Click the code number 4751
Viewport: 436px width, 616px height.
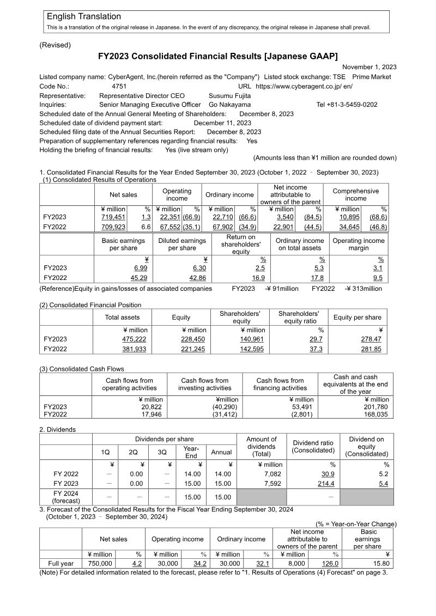tap(119, 86)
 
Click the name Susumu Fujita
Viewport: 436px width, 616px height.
tap(230, 95)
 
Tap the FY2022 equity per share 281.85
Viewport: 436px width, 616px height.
tap(371, 349)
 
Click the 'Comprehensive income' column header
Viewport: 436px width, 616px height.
tap(355, 195)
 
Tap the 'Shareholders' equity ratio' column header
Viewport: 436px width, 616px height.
tap(298, 318)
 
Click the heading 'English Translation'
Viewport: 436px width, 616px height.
tap(84, 17)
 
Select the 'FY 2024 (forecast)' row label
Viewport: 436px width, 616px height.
tap(65, 497)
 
